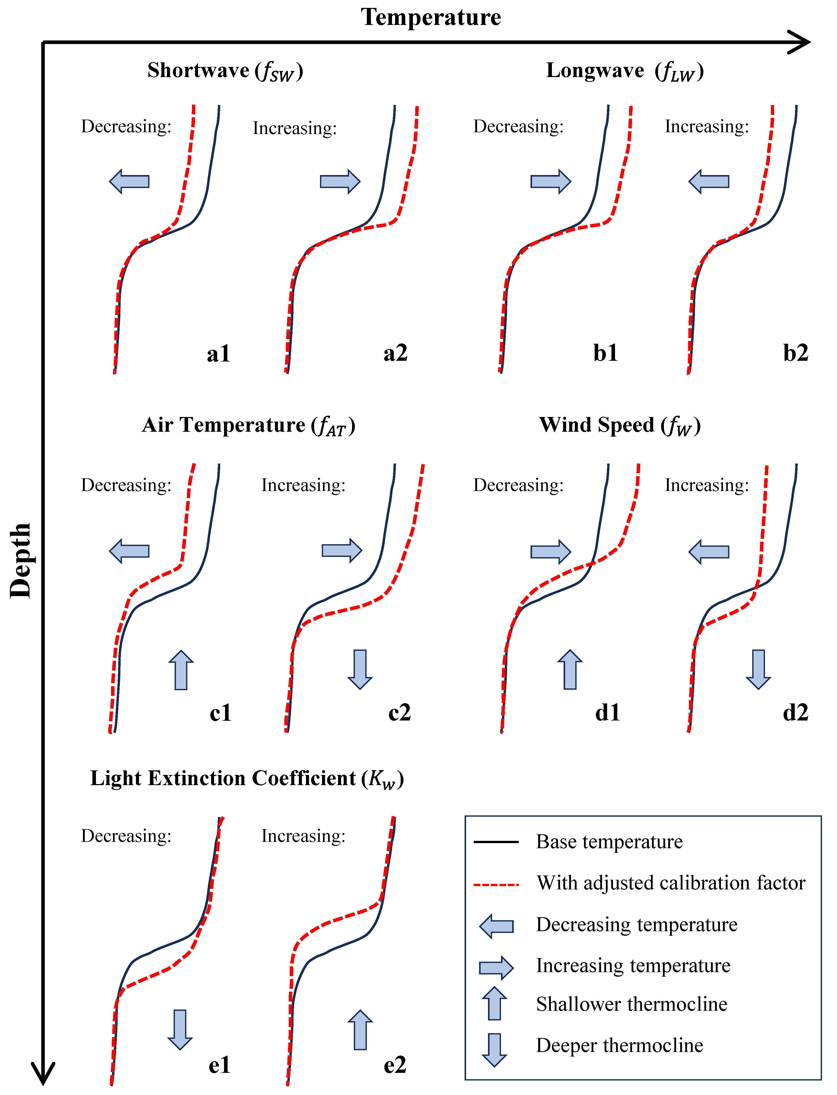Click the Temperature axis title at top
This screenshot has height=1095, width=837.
tap(431, 18)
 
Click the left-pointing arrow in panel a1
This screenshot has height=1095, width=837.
tap(129, 181)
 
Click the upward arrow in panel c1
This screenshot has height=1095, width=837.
tap(181, 670)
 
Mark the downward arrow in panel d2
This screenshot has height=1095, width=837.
tap(758, 669)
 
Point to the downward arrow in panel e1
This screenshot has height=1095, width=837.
tap(180, 1029)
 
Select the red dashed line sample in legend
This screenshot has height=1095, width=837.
tap(496, 885)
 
